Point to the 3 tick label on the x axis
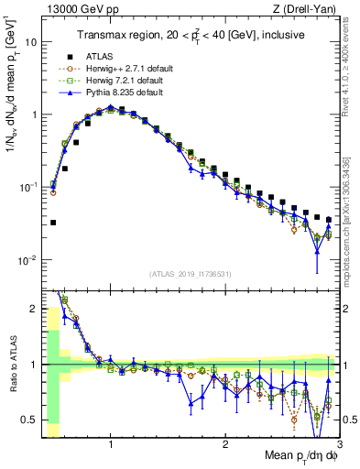(339, 444)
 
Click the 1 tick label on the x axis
(111, 444)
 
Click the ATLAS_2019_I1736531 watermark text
(191, 274)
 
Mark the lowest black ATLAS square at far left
(53, 223)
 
